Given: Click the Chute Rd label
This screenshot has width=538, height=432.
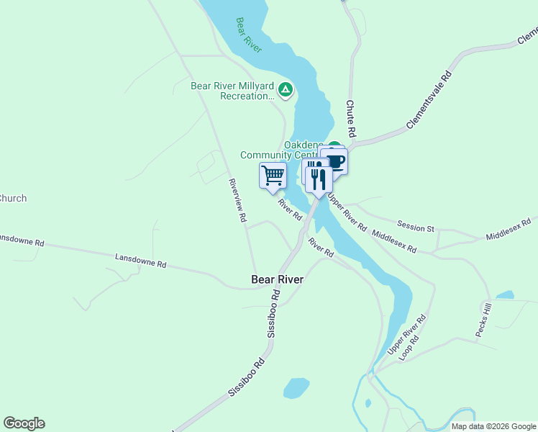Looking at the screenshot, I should (x=351, y=119).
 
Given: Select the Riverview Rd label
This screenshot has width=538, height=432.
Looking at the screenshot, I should (x=238, y=200).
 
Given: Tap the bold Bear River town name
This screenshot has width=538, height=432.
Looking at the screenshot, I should (x=278, y=279).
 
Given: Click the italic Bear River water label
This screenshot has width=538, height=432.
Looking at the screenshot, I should (x=249, y=35).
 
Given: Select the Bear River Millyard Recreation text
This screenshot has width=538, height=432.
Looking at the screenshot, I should (x=232, y=91).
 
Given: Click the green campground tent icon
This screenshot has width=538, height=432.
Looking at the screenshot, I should (x=286, y=90).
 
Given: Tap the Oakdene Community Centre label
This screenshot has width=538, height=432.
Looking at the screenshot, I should (x=281, y=150).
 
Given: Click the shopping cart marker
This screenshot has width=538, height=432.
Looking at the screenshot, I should (x=273, y=175).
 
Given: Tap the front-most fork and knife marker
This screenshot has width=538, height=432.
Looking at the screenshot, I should (x=319, y=179).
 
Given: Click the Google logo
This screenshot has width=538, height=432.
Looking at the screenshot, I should (x=24, y=423).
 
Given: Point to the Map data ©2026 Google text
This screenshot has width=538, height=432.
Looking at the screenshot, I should (x=493, y=426).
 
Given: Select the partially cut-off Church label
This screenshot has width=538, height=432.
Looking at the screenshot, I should (x=13, y=198).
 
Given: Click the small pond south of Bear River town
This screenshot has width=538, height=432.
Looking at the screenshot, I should (x=296, y=387).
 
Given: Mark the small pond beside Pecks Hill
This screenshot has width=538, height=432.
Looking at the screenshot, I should (x=505, y=295).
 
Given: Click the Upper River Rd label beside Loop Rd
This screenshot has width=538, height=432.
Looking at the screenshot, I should (x=407, y=333).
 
